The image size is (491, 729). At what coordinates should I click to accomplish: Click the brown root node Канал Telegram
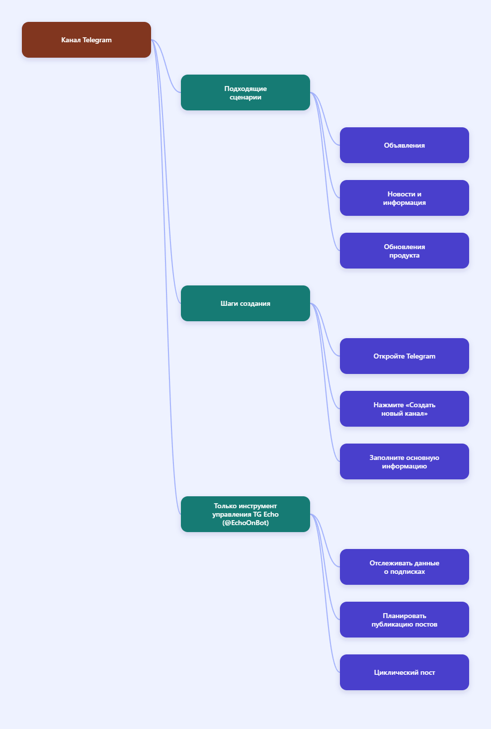86,40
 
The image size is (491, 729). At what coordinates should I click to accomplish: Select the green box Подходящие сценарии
245,92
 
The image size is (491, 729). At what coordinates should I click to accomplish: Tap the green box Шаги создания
245,303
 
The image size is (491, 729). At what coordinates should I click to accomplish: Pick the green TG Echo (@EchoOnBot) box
245,514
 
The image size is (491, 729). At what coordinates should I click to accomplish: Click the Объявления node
405,145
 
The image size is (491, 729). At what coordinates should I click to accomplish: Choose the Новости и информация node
405,198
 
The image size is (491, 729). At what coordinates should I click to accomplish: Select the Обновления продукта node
405,251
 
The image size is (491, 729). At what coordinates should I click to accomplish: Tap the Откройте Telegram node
405,356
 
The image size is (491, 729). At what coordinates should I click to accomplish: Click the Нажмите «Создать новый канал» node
405,409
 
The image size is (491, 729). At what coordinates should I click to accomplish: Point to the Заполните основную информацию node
405,461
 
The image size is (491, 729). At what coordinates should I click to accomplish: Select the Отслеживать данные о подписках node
405,567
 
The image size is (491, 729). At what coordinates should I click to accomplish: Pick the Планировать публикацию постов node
405,620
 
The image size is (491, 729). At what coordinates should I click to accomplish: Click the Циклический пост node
405,672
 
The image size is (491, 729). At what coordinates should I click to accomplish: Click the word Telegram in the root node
97,40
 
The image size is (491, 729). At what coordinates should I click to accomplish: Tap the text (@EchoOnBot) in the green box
245,523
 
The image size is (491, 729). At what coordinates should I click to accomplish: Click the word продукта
405,256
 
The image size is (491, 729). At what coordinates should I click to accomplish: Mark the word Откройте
389,356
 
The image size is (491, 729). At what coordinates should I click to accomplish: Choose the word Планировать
405,616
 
